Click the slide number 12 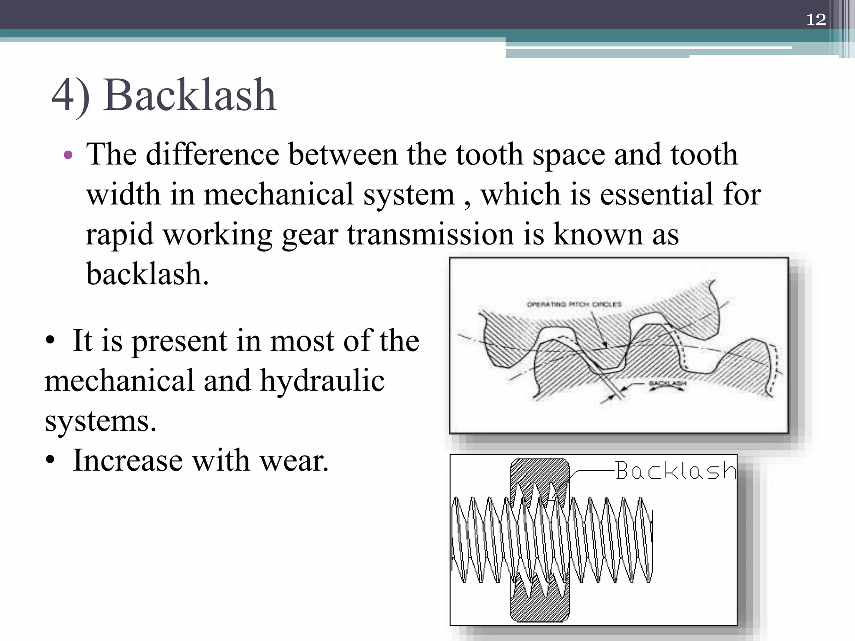pyautogui.click(x=816, y=20)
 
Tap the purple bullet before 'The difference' pyautogui.click(x=68, y=156)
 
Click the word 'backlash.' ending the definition pyautogui.click(x=147, y=274)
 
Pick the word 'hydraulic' pyautogui.click(x=322, y=381)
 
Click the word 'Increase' pyautogui.click(x=128, y=461)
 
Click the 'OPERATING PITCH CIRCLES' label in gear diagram pyautogui.click(x=574, y=304)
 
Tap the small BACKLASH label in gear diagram pyautogui.click(x=667, y=384)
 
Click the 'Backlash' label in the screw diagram pyautogui.click(x=675, y=470)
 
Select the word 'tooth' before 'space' pyautogui.click(x=489, y=154)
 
